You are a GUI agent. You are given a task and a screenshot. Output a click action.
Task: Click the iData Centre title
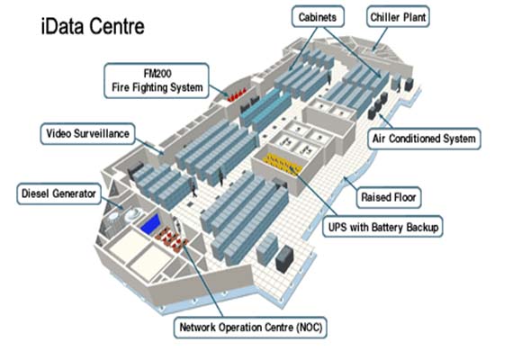(x=93, y=26)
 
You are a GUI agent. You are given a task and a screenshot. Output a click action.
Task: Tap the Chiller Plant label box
(x=398, y=17)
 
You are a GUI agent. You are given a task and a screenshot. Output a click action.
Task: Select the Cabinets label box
(x=318, y=16)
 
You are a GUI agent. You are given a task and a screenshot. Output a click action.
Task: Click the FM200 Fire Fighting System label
(x=157, y=80)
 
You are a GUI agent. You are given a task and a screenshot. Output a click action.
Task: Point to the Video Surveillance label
(x=87, y=133)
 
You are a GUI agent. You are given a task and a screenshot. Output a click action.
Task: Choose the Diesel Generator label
(x=58, y=193)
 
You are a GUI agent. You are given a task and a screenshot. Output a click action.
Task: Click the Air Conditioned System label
(x=424, y=139)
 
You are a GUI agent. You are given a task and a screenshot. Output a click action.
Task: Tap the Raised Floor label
(x=388, y=197)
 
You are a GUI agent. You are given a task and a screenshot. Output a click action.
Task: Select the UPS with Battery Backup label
(x=382, y=227)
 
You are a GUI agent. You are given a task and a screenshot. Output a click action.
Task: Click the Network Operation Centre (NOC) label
(x=250, y=328)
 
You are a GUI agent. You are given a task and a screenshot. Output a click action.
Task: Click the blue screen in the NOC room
(x=151, y=224)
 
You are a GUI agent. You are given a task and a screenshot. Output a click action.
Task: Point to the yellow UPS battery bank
(x=283, y=163)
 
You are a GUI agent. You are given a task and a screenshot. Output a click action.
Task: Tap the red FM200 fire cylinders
(x=237, y=95)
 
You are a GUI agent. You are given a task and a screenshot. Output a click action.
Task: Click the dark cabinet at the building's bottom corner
(x=284, y=258)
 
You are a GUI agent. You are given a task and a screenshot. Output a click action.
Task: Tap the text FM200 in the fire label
(x=157, y=73)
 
